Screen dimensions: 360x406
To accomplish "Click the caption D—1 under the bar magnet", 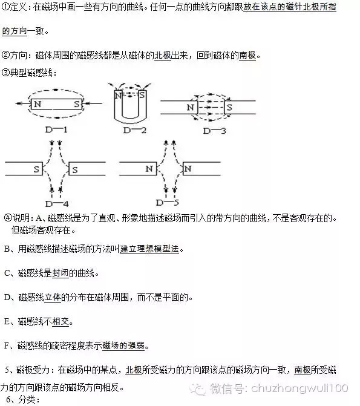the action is (x=56, y=129).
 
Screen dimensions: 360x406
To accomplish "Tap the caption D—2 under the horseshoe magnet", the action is (x=135, y=130).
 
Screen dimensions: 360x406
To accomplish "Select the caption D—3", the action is (x=214, y=131).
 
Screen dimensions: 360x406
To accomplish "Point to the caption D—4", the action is (x=57, y=204).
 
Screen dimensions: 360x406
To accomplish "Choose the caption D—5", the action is (x=168, y=203).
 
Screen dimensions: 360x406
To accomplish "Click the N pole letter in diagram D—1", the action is (x=38, y=104).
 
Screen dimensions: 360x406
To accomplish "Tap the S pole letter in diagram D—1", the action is (x=77, y=104).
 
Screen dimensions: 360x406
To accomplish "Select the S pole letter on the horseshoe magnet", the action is (x=142, y=95).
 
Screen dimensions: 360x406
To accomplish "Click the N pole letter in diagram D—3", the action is (x=191, y=107).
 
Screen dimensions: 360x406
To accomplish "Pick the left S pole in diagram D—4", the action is (x=36, y=169).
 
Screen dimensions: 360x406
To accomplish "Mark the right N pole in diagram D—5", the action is (x=188, y=169).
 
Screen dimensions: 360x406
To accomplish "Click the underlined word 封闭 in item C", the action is (x=60, y=273).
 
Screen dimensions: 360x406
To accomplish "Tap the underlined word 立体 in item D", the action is (x=53, y=297).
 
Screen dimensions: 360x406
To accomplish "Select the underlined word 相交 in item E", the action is (x=61, y=321).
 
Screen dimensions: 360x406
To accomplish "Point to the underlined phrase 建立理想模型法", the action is (x=149, y=249).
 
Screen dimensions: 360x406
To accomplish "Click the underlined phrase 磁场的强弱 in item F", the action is (x=123, y=345).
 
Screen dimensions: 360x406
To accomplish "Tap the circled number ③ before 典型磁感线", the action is (x=5, y=73).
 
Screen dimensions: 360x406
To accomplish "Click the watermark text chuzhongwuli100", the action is (x=299, y=388).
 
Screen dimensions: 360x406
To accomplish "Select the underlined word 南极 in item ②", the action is (x=247, y=56).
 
